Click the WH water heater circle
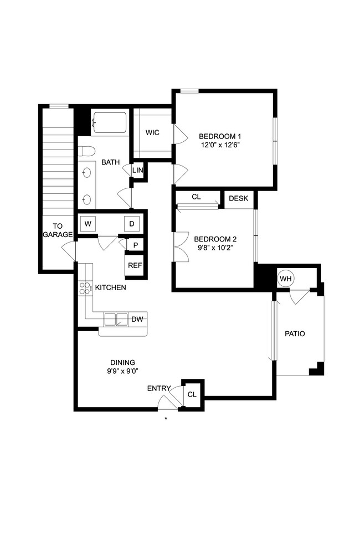tap(286, 279)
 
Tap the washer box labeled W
tap(88, 224)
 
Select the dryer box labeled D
tap(132, 224)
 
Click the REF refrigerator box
tap(135, 265)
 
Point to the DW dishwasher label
tap(137, 319)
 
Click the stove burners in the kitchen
tap(85, 288)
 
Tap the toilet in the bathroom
tap(85, 151)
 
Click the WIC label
tap(153, 133)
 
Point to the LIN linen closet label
tap(137, 170)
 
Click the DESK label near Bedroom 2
tap(238, 198)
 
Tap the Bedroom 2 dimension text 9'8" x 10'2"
tap(215, 248)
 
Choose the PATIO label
tap(295, 334)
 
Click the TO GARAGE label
tap(58, 230)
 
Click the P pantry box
tap(135, 244)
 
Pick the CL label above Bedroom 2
tap(196, 197)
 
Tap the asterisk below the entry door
tap(166, 419)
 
